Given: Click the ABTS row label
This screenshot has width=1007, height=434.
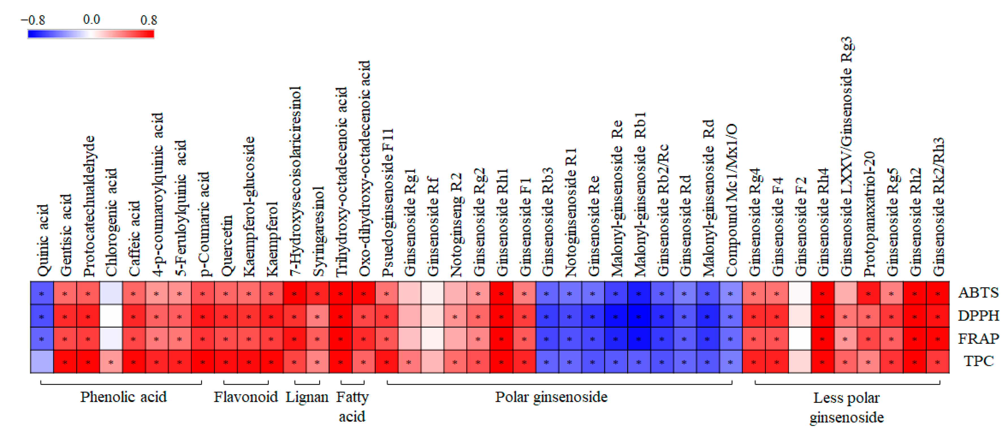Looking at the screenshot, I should (978, 293).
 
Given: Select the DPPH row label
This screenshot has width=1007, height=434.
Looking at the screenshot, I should (978, 315).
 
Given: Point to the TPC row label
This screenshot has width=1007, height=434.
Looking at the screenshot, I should (978, 361).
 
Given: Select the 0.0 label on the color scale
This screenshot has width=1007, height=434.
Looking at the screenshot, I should (91, 19).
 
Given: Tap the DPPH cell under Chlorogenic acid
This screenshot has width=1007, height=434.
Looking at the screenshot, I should (111, 316).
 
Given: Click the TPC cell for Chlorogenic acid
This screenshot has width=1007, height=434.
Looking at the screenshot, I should (111, 362).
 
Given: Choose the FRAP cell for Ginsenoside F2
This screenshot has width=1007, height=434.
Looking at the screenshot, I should (800, 339).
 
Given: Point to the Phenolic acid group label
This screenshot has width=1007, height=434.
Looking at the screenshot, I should (124, 397).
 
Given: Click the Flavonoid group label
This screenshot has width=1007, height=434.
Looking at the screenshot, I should (245, 397).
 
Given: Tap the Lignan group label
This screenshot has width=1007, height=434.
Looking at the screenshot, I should (307, 397).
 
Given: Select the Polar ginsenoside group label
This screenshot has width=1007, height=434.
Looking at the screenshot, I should (551, 397).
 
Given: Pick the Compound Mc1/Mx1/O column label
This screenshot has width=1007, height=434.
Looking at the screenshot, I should (731, 200).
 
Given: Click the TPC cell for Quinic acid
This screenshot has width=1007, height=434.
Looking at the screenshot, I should (42, 362).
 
